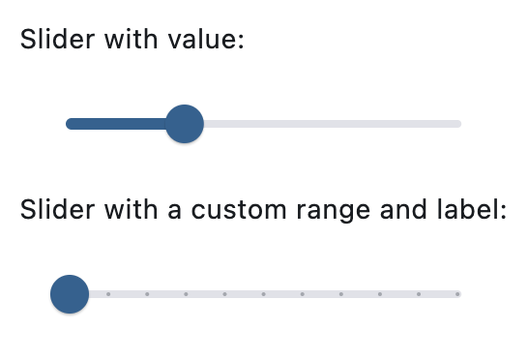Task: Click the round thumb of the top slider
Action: (x=184, y=124)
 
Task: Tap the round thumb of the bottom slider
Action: (x=70, y=293)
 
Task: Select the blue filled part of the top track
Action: (x=116, y=124)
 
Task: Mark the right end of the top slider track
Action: (x=458, y=124)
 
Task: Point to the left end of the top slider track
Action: (x=70, y=124)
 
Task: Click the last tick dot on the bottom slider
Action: (x=457, y=293)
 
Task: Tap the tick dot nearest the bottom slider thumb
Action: (x=107, y=293)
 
